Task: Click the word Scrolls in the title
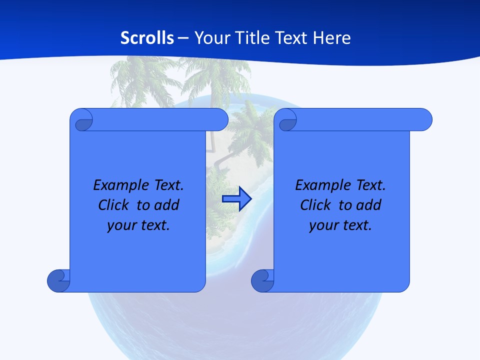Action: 147,38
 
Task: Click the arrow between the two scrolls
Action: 236,199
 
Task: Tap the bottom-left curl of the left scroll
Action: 59,280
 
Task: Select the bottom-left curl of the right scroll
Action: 263,280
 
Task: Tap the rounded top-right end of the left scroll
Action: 220,119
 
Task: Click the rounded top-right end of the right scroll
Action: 424,119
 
